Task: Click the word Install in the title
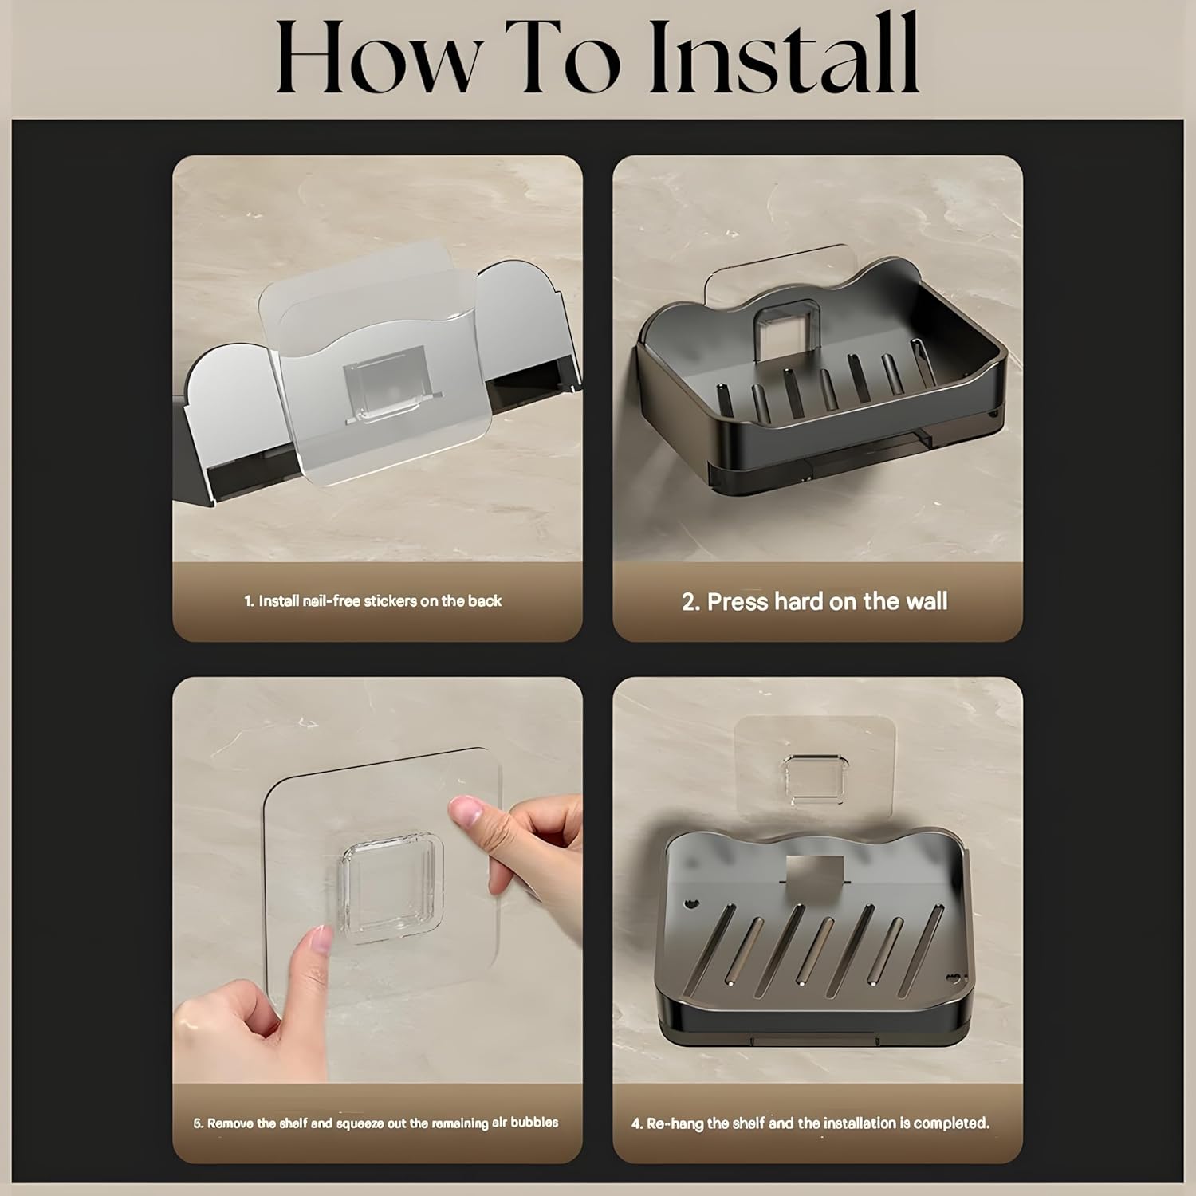coord(785,53)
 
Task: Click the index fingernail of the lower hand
coord(319,942)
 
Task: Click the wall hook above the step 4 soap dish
coord(813,775)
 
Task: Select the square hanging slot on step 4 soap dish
coord(815,872)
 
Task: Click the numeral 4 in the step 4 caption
coord(636,1124)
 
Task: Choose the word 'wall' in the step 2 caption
coord(927,600)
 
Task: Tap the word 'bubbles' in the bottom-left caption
coord(534,1123)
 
